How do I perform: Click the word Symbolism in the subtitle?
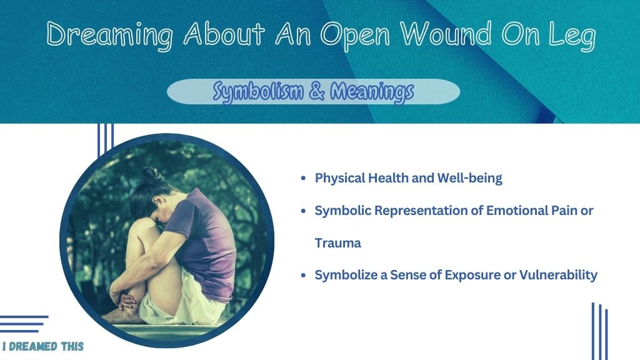pos(258,91)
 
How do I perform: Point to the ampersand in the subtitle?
pos(317,91)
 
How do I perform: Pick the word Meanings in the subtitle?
pos(372,91)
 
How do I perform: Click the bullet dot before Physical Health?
pos(303,178)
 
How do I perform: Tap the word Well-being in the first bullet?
pos(469,178)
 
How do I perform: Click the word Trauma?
pos(338,243)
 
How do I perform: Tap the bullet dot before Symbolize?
pos(303,276)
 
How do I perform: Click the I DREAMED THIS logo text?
pos(43,346)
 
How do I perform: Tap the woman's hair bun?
pos(151,175)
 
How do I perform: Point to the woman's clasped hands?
pos(124,301)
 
